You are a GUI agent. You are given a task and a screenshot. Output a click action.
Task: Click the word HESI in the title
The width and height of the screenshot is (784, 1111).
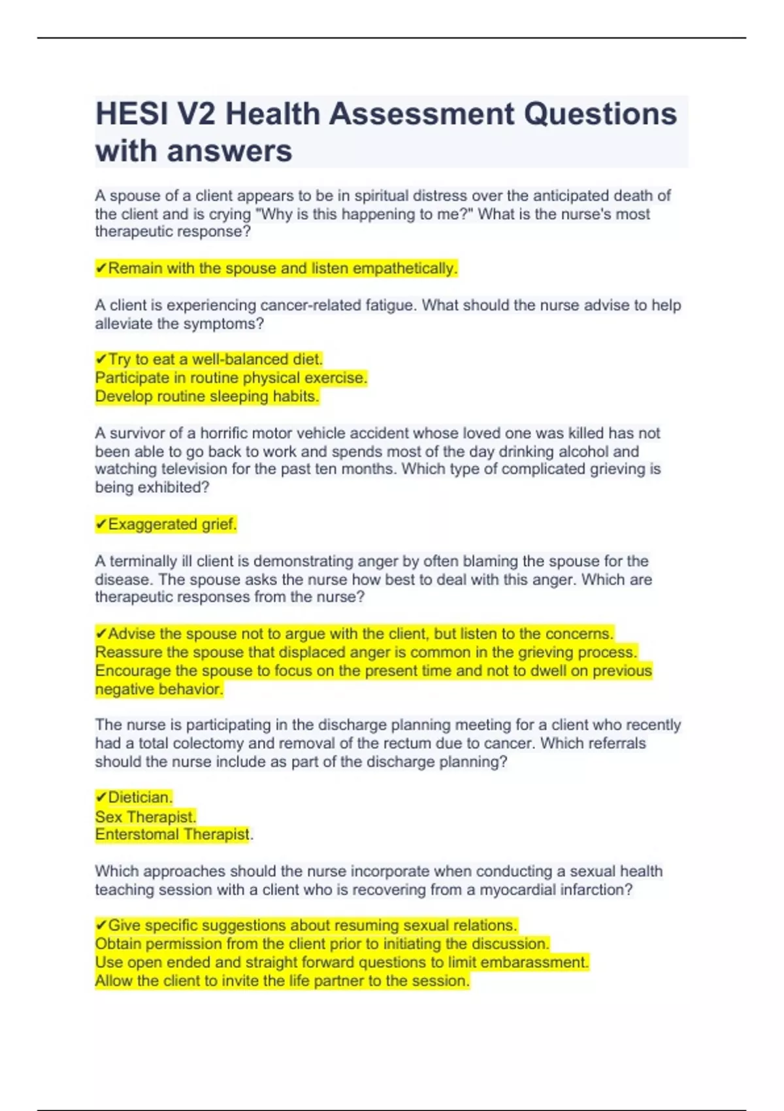tap(130, 114)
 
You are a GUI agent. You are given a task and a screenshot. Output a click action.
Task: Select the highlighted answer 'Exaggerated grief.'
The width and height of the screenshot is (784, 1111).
tap(172, 524)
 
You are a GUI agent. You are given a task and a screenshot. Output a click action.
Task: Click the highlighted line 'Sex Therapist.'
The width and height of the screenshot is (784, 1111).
tap(146, 816)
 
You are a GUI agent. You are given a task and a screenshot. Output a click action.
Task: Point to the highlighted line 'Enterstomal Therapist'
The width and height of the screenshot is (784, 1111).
tap(172, 835)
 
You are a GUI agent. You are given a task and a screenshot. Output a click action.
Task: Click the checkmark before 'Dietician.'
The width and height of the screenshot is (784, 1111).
tap(101, 797)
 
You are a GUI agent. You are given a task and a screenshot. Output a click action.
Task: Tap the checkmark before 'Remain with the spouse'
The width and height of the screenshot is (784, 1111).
tap(101, 269)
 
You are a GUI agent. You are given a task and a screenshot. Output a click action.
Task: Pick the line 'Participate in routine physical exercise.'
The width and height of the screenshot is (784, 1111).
tap(231, 378)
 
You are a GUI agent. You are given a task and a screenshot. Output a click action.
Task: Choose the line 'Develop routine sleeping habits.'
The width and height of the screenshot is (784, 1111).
tap(207, 396)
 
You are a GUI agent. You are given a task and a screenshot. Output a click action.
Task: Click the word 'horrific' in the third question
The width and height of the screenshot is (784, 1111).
tap(225, 433)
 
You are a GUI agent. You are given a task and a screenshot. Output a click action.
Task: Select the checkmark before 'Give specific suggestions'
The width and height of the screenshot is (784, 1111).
tap(101, 925)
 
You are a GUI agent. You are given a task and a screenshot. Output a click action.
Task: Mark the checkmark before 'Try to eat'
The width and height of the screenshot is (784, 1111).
tap(101, 359)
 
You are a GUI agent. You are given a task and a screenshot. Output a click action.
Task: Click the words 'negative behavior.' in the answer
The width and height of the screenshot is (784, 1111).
tap(159, 689)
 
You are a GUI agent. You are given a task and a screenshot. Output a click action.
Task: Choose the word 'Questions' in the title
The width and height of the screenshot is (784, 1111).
tap(600, 114)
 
